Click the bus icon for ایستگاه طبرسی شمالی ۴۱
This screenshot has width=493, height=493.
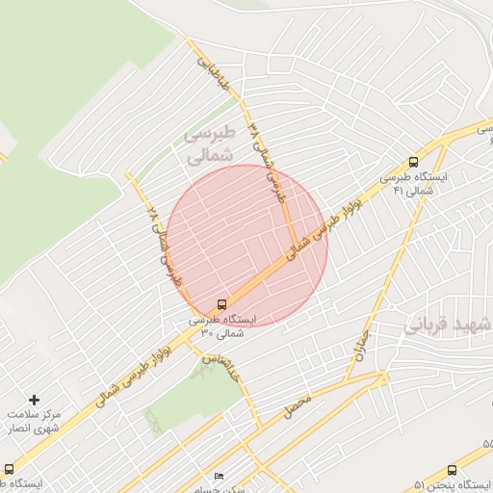tap(413, 163)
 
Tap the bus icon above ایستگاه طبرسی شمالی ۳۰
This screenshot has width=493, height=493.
tap(222, 302)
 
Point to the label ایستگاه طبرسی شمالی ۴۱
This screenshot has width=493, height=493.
tap(409, 184)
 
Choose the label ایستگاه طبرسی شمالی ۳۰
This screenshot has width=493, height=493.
tap(222, 324)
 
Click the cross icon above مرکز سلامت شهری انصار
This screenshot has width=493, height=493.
tap(36, 399)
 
